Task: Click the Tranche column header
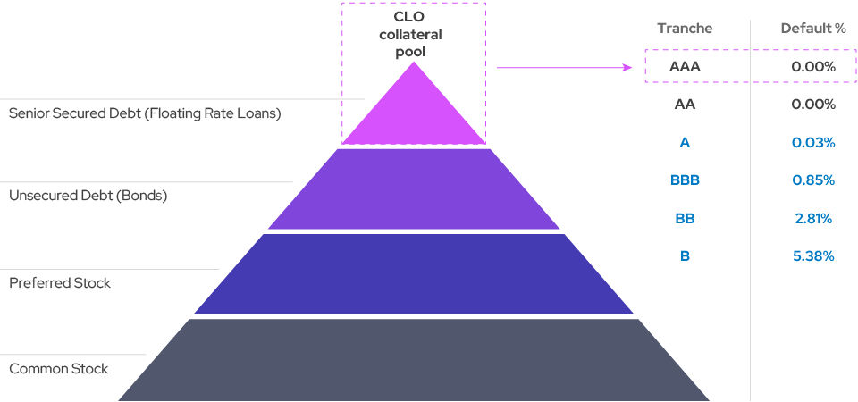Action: pyautogui.click(x=685, y=28)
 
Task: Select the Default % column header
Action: pyautogui.click(x=812, y=28)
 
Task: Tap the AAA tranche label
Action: pyautogui.click(x=685, y=66)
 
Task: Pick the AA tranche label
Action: pyautogui.click(x=685, y=105)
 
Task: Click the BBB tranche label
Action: pyautogui.click(x=685, y=180)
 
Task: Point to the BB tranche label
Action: pyautogui.click(x=685, y=218)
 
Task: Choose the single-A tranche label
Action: pyautogui.click(x=685, y=143)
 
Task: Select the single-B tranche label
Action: pyautogui.click(x=685, y=256)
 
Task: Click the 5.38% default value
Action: pyautogui.click(x=812, y=256)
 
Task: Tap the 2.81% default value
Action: pyautogui.click(x=812, y=218)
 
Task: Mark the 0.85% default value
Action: pyautogui.click(x=812, y=180)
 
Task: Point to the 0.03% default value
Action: pyautogui.click(x=812, y=143)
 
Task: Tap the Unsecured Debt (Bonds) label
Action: pyautogui.click(x=88, y=195)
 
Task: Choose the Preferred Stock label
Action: pyautogui.click(x=60, y=283)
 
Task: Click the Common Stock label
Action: pyautogui.click(x=58, y=368)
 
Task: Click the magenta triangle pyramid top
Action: pyautogui.click(x=413, y=112)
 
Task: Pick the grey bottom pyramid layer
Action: pyautogui.click(x=413, y=362)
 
